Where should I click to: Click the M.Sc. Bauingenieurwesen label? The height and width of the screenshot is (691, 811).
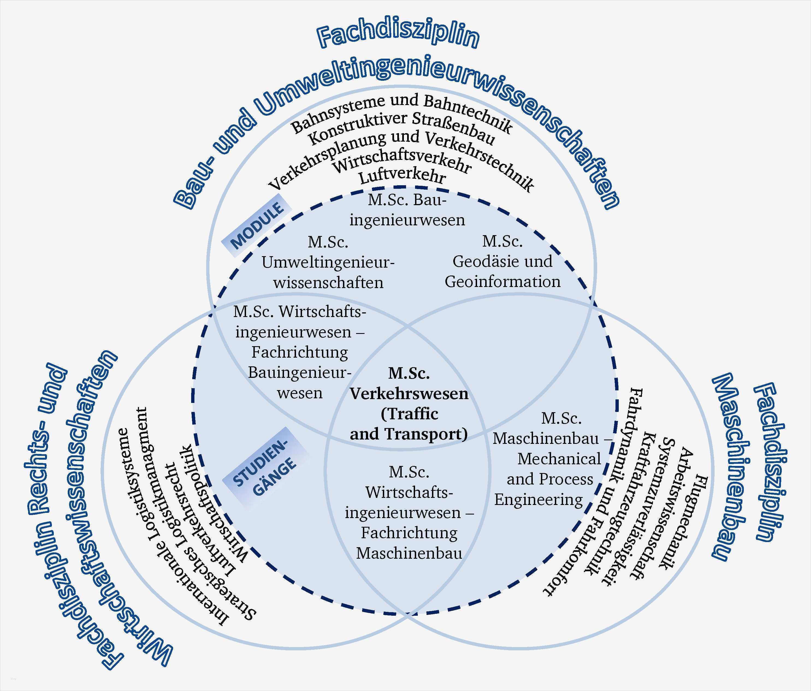407,210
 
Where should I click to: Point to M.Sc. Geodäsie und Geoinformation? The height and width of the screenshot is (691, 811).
502,261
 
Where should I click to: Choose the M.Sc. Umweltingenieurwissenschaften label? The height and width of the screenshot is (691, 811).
328,262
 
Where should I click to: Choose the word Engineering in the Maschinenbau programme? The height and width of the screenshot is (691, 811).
538,499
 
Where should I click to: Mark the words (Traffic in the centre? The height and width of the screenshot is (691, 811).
409,414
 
